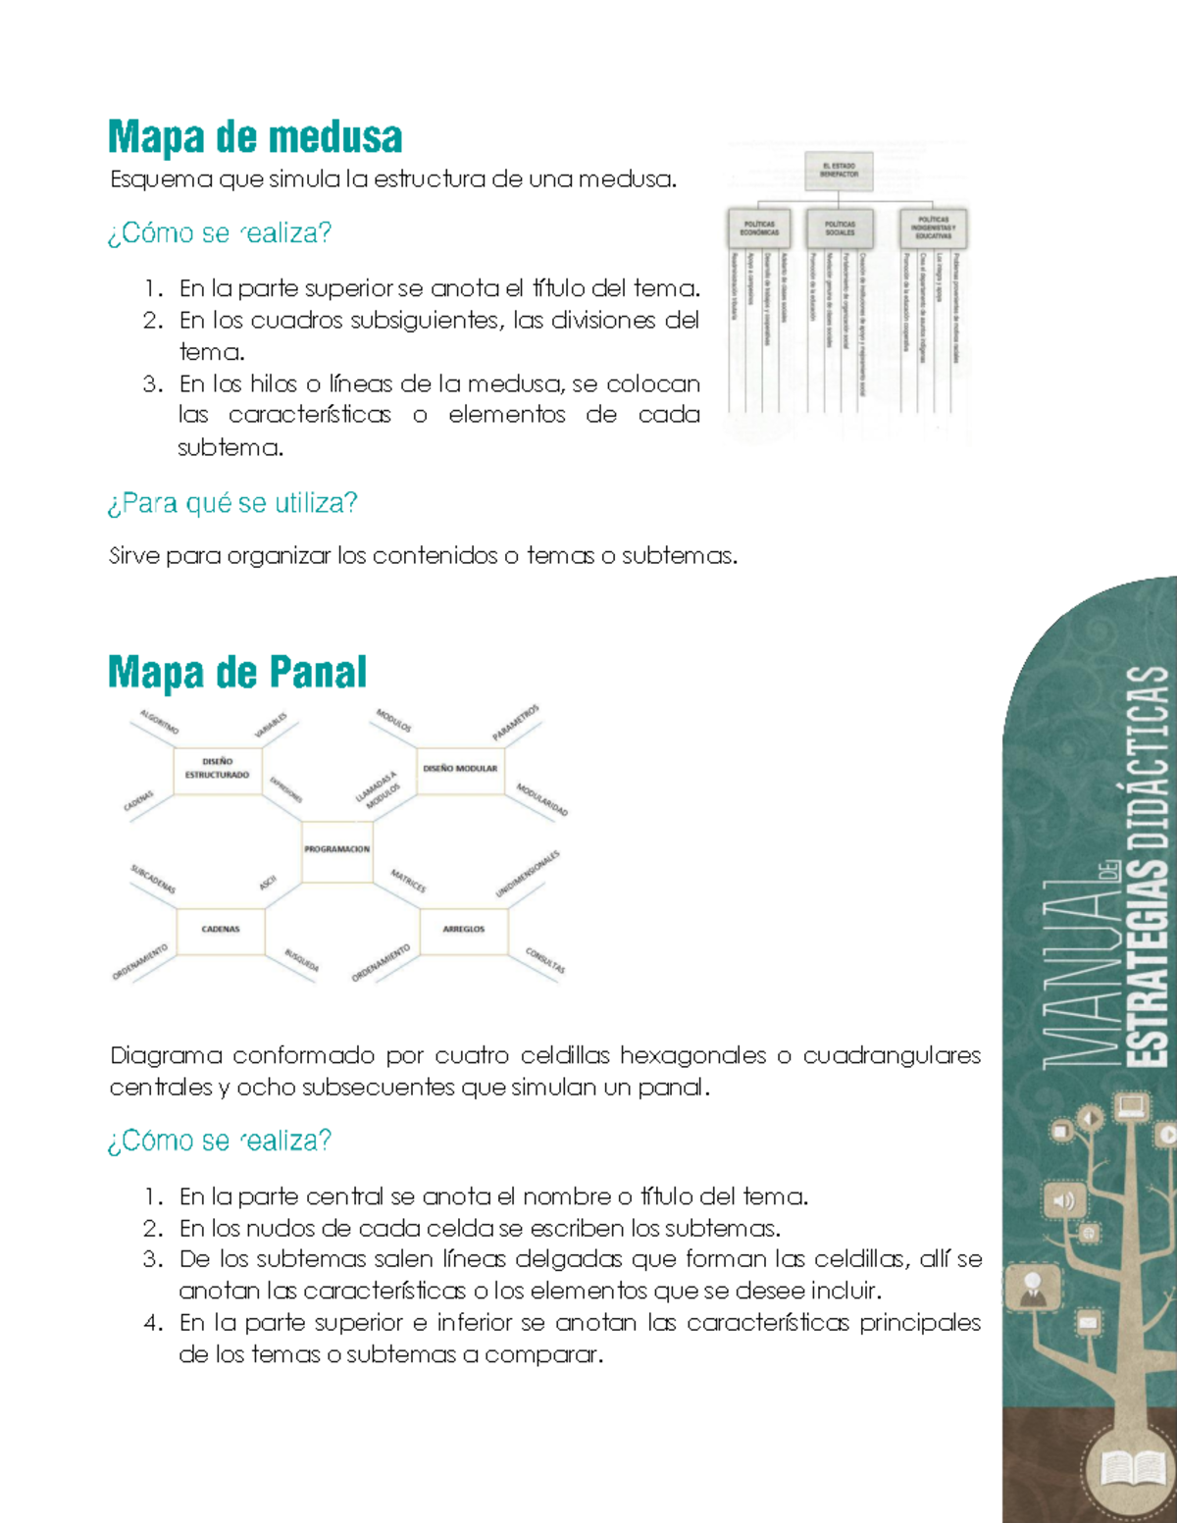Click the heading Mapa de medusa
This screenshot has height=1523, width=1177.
255,137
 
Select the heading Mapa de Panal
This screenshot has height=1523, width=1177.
237,673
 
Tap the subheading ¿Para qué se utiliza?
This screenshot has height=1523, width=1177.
232,503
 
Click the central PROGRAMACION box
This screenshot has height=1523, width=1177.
336,850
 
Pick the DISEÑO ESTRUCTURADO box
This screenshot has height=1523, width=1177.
217,769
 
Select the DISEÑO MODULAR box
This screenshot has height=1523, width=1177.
460,769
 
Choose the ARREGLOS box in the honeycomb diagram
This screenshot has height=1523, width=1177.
463,930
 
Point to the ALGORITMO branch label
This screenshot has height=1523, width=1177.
159,723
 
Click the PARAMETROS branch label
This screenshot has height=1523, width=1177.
516,724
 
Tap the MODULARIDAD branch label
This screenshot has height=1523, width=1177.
541,800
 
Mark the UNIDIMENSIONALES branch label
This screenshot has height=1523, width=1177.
528,874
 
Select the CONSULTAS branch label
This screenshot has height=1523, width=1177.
544,960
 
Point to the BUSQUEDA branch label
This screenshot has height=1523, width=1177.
301,960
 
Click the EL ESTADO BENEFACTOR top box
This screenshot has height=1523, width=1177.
839,171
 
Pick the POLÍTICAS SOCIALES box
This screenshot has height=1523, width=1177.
840,228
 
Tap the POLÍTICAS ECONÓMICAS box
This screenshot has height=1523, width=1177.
759,228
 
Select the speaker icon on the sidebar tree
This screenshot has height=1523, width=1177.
1063,1200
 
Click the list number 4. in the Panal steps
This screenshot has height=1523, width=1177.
152,1323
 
